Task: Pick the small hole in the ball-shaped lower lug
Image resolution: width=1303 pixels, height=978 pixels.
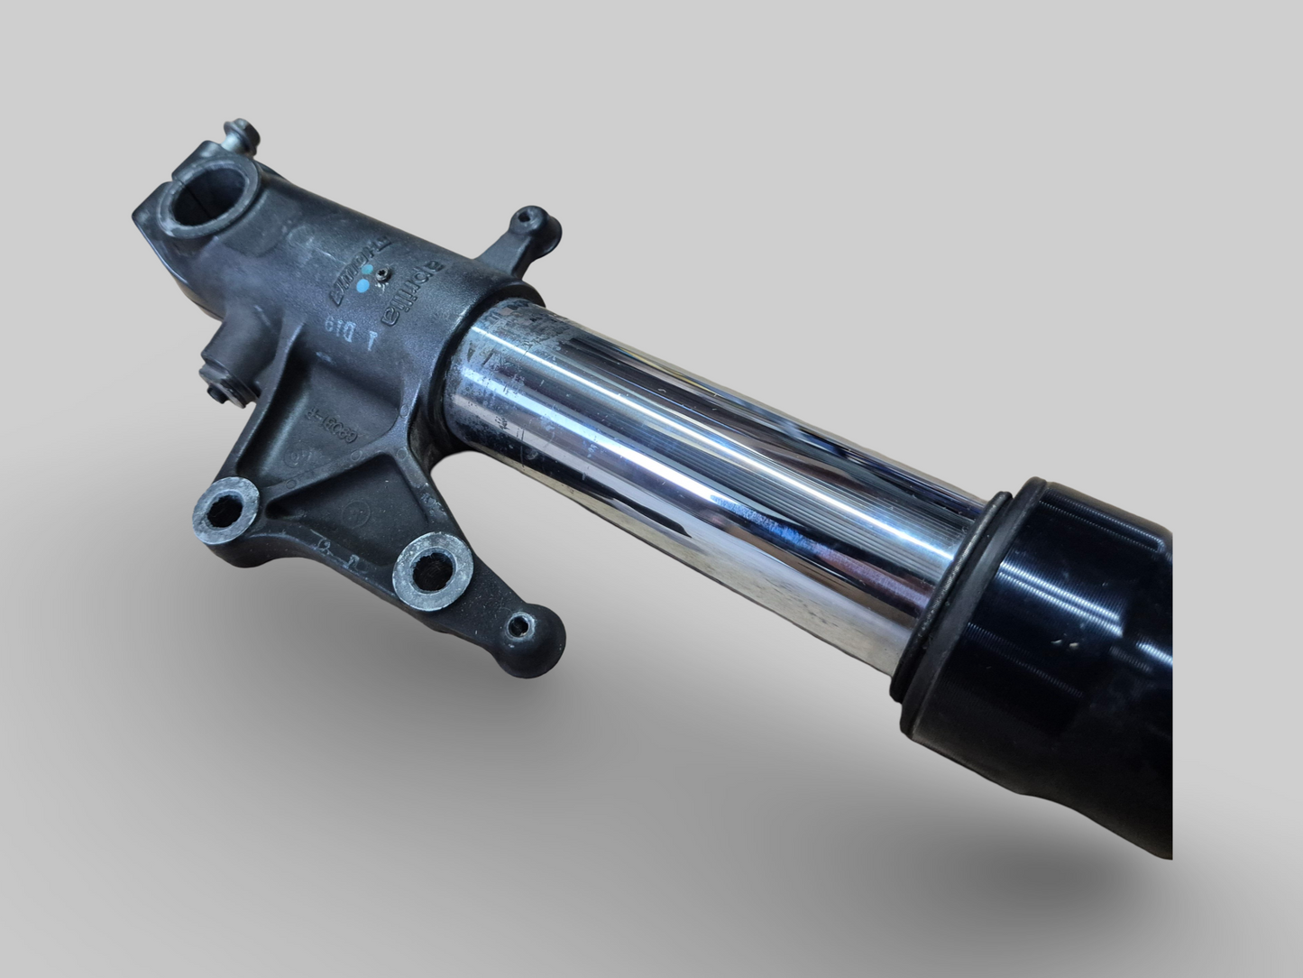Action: (522, 623)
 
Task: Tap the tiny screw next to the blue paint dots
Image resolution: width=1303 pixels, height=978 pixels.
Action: (384, 271)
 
